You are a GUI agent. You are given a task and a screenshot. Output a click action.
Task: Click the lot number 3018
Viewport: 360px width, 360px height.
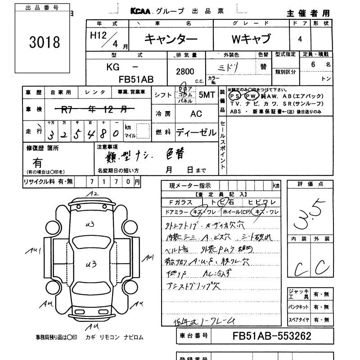click(44, 42)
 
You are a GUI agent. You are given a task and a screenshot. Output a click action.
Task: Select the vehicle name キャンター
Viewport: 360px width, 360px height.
click(171, 40)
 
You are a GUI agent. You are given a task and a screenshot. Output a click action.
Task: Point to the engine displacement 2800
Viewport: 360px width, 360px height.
click(185, 71)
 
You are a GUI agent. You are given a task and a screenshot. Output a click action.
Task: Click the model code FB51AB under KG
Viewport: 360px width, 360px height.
click(136, 80)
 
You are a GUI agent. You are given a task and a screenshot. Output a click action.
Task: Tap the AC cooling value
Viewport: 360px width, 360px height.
click(196, 114)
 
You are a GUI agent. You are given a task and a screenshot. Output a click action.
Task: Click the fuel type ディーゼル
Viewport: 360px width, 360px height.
click(196, 132)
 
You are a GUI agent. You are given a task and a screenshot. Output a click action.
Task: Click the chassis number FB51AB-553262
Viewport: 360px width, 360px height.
click(272, 336)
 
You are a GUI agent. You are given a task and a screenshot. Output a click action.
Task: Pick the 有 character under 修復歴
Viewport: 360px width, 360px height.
click(38, 163)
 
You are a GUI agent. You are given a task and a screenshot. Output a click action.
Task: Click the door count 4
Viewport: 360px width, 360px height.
click(300, 39)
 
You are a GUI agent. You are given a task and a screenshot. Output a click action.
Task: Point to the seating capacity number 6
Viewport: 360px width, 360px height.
click(313, 64)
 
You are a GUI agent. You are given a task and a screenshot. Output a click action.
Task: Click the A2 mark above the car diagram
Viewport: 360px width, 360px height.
click(93, 194)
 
